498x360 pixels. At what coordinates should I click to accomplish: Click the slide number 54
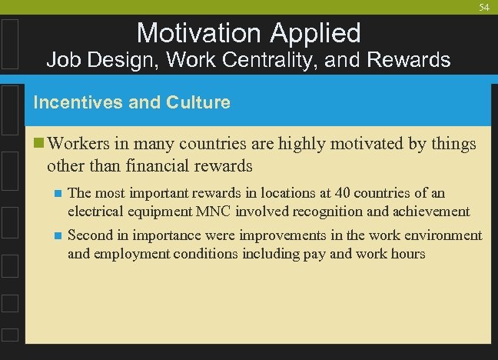point(484,7)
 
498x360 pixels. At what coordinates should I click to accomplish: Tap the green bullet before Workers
point(39,144)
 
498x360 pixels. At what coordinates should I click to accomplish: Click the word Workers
point(79,144)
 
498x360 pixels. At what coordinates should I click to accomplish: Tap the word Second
point(89,235)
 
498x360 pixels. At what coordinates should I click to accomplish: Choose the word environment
point(445,235)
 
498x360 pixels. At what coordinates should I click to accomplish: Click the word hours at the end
point(407,253)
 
